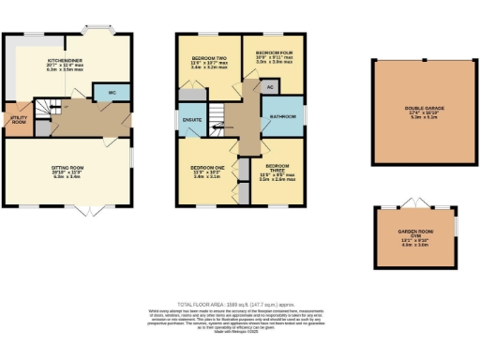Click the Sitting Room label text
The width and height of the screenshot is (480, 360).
pos(68,171)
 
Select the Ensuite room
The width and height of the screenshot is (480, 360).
pos(190,121)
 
